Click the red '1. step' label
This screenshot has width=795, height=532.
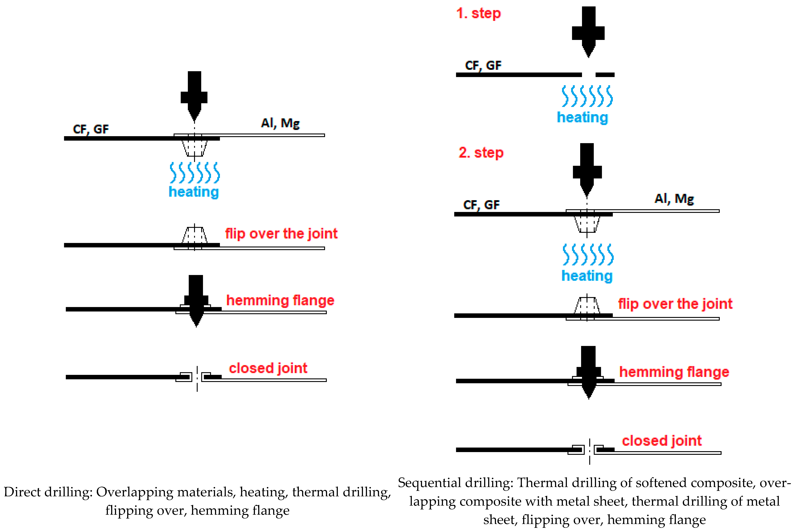click(478, 14)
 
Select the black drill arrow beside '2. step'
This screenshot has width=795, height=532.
click(587, 170)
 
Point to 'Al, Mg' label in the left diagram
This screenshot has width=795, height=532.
click(280, 123)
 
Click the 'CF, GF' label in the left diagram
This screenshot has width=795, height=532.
click(91, 129)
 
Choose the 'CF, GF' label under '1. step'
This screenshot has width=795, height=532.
click(483, 66)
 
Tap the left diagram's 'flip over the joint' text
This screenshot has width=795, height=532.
click(281, 234)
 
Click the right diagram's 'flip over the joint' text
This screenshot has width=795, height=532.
click(675, 304)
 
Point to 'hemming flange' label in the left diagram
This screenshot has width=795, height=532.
click(280, 301)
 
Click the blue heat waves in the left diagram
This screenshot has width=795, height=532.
click(194, 173)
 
